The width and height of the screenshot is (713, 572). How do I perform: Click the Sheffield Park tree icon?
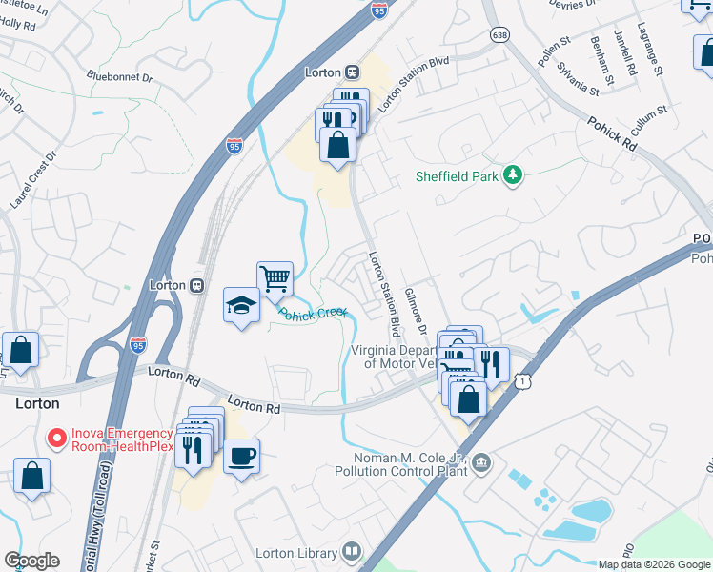[514, 175]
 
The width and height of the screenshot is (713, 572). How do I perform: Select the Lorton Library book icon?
[352, 552]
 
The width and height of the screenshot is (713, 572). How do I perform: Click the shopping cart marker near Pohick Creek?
[275, 278]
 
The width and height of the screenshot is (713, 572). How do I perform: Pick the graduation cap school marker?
[241, 305]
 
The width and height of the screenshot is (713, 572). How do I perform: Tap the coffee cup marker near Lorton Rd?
[241, 455]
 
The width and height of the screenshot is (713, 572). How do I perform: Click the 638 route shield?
[499, 34]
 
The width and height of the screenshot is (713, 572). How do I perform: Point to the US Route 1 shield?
[520, 380]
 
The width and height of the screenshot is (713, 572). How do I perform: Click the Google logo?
[31, 561]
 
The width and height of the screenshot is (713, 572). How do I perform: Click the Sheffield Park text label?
[458, 176]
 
